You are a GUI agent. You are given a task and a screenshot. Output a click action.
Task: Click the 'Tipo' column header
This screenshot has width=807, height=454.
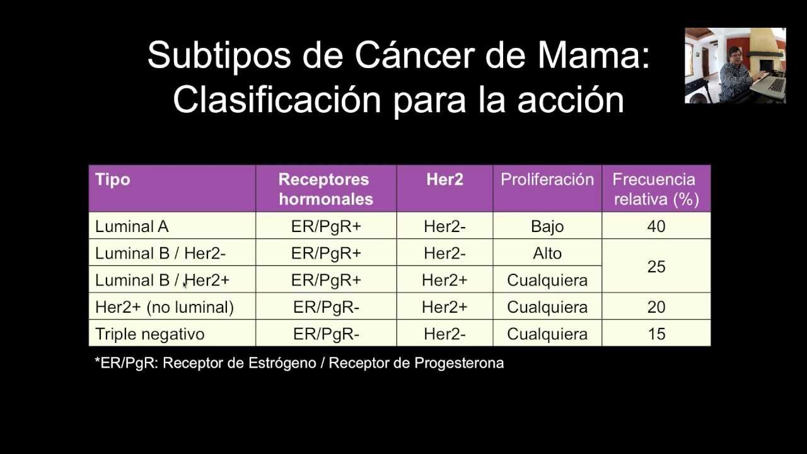[x=113, y=180]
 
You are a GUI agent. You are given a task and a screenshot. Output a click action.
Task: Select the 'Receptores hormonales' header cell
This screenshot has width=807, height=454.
[x=325, y=189]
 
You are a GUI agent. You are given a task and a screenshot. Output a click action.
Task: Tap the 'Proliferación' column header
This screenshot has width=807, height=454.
[x=547, y=180]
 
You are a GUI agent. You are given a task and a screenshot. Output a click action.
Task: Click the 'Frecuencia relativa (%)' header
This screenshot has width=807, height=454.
[x=656, y=189]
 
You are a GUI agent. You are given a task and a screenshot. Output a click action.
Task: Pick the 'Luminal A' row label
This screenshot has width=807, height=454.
[x=132, y=226]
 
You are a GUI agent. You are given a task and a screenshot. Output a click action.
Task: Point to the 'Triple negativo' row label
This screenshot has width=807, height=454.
[x=150, y=334]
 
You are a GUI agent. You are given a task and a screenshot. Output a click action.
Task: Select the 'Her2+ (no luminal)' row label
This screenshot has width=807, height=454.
[x=165, y=307]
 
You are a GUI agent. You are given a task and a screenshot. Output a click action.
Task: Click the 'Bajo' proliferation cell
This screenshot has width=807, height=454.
[x=547, y=226]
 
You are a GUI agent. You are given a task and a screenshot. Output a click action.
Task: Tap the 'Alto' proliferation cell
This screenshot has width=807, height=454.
[x=547, y=253]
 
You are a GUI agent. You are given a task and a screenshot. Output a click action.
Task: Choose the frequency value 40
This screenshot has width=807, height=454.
[x=656, y=226]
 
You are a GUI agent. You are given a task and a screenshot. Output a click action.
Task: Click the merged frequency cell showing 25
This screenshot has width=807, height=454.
[x=656, y=267]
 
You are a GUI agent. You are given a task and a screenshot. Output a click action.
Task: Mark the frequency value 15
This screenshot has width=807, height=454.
[x=656, y=334]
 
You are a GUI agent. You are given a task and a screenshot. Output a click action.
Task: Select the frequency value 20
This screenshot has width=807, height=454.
[x=656, y=307]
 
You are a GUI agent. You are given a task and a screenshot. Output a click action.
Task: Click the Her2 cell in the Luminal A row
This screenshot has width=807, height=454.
[x=444, y=226]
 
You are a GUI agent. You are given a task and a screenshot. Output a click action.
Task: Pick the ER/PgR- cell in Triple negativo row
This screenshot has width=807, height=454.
[x=326, y=334]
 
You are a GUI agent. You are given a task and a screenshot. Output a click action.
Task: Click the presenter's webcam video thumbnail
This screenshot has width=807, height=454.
[x=735, y=66]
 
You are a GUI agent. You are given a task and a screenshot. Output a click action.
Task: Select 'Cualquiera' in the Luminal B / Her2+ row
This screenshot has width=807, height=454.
[x=547, y=281]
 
